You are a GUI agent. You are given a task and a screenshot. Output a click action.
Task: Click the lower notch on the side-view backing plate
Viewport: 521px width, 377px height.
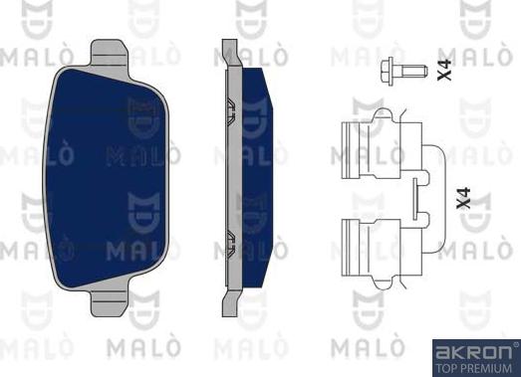point(229,239)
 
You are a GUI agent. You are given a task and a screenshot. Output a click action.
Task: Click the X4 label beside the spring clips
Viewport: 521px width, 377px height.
point(460,201)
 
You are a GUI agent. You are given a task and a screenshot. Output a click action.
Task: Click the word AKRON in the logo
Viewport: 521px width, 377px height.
point(474,351)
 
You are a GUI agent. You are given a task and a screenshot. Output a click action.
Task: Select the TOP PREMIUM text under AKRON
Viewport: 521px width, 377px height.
point(474,367)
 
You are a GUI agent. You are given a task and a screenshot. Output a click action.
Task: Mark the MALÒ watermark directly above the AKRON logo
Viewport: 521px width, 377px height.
point(474,327)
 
